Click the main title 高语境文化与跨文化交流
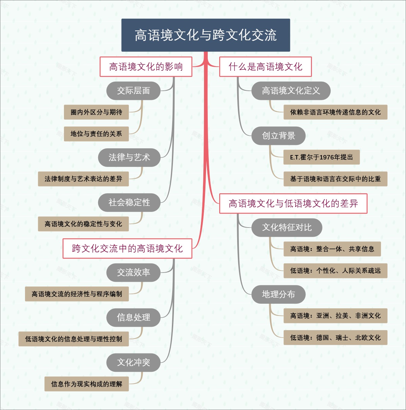(206, 35)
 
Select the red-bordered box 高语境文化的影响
(146, 67)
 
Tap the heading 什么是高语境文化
(265, 67)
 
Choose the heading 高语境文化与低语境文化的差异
(293, 203)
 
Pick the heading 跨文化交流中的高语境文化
(127, 249)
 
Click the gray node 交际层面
(133, 91)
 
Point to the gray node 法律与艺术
(129, 157)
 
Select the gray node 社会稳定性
(129, 202)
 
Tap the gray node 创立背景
(278, 136)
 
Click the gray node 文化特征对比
(287, 228)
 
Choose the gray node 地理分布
(278, 295)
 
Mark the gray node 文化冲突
(133, 363)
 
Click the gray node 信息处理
(133, 318)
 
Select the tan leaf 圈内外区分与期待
(96, 112)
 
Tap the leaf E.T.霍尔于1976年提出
(321, 157)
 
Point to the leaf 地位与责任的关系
(96, 134)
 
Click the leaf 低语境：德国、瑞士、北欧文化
(335, 338)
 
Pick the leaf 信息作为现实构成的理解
(87, 384)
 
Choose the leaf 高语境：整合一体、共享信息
(332, 249)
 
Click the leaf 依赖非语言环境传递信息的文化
(335, 112)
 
